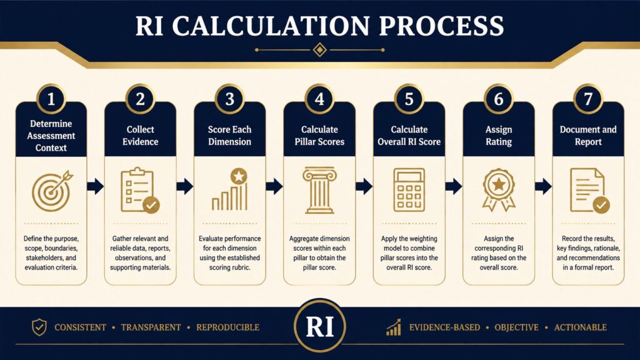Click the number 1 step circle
(51, 99)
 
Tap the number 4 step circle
(319, 99)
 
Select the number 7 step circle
(588, 99)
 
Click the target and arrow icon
(52, 191)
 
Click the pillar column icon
(319, 190)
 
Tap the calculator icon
(409, 190)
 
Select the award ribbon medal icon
(499, 190)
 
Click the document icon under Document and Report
(589, 190)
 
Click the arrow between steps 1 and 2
(96, 186)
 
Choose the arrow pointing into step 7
(543, 186)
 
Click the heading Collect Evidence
(141, 136)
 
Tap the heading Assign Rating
(499, 136)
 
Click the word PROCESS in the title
(441, 26)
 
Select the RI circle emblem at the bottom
(320, 326)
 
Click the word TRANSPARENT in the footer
(151, 327)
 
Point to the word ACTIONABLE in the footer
(581, 327)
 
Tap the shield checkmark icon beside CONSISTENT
(39, 327)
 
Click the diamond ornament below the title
(319, 50)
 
